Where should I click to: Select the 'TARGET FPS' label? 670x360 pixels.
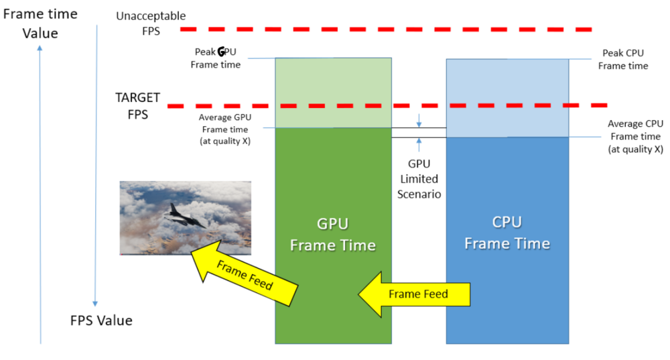(137, 106)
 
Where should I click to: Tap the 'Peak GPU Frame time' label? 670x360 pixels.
(215, 58)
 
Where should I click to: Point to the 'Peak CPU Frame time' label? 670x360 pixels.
(623, 59)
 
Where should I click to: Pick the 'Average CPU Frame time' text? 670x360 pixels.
(635, 136)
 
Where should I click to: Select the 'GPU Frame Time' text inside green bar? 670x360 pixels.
(332, 234)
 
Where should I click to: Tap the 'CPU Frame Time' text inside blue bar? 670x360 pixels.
(507, 233)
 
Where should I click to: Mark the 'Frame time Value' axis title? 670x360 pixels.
(40, 23)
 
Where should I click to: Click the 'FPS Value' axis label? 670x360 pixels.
(101, 320)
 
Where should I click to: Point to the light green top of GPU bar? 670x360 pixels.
(333, 80)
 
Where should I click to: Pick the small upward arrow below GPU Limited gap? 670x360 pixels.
(419, 143)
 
